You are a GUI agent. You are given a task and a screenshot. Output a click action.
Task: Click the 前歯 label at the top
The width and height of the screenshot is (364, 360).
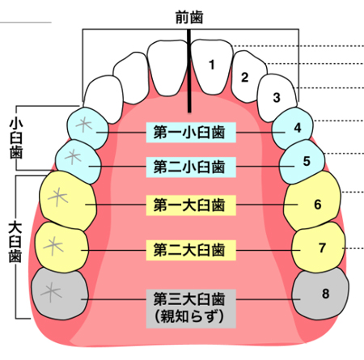pos(189,15)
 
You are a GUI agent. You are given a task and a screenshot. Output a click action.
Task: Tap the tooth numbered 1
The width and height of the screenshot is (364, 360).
pos(211,66)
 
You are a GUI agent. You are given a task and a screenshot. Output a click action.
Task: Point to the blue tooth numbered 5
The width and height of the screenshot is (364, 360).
pos(303,161)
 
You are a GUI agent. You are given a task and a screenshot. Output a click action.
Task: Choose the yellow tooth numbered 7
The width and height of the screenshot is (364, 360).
pos(319,248)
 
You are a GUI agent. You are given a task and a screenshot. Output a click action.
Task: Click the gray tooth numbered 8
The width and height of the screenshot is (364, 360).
pos(322,294)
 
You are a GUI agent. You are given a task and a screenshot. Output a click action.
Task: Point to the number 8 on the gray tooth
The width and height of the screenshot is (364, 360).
pos(325,293)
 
